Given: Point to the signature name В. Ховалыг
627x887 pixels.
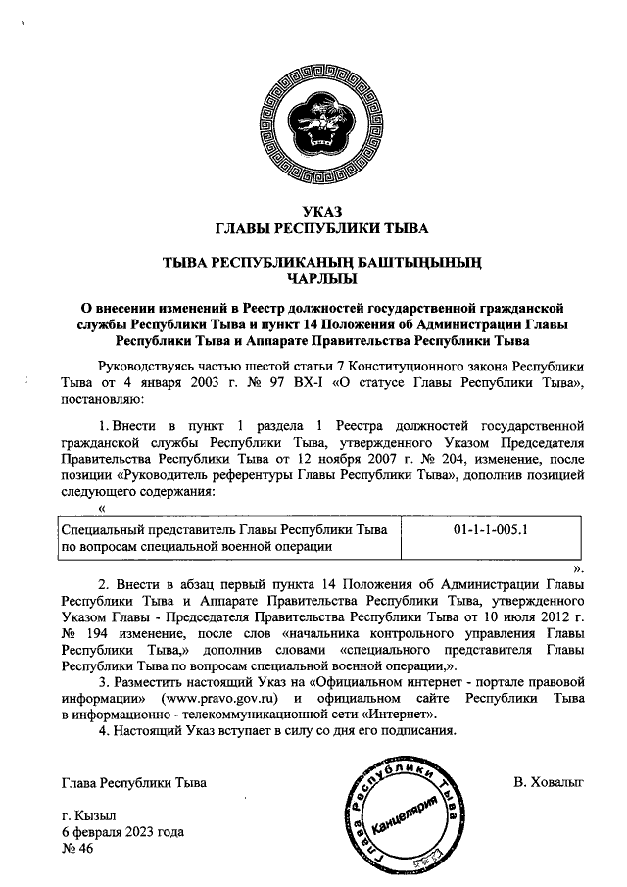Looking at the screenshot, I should [548, 782].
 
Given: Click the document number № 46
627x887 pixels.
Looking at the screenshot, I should [75, 849].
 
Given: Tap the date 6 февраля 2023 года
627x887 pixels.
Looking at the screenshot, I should [121, 832].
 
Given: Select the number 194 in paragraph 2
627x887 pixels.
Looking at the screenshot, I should [110, 632].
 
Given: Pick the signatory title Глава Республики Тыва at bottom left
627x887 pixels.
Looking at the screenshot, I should [134, 782].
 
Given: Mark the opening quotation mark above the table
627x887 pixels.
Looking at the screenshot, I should [102, 508].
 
